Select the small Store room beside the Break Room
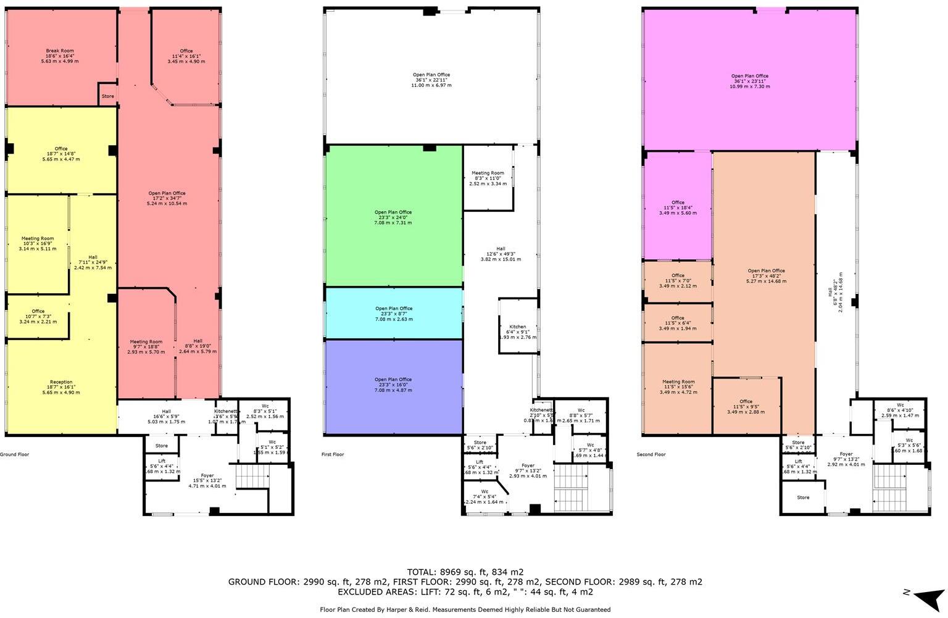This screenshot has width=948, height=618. [108, 96]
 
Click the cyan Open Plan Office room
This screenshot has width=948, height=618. [394, 314]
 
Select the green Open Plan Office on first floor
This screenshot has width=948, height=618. [394, 217]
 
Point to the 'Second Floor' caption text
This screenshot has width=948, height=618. [651, 454]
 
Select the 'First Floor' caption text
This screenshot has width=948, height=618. [333, 454]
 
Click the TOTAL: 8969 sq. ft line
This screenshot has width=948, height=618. [465, 572]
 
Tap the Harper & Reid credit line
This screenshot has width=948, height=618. [465, 609]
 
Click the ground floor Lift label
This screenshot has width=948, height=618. [162, 461]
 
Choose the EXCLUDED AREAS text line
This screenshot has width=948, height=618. [465, 591]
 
